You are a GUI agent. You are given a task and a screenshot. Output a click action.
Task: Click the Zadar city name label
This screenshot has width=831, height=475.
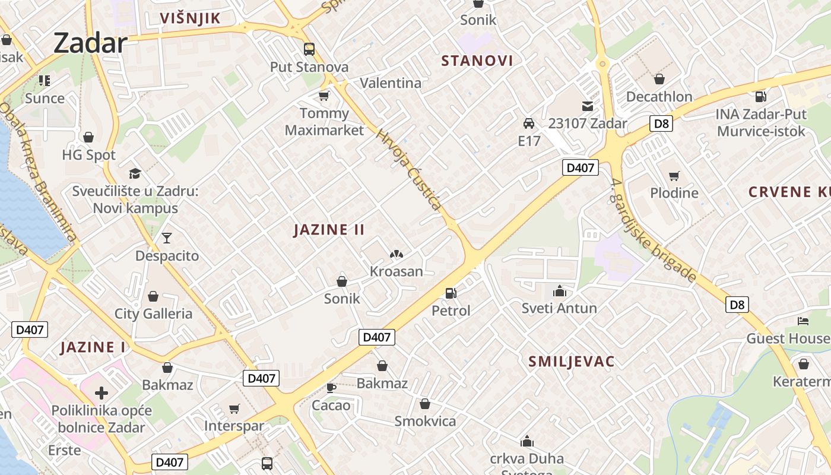coord(90,43)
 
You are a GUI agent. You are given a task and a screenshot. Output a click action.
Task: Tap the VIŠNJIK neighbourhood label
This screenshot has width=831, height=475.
coord(190,18)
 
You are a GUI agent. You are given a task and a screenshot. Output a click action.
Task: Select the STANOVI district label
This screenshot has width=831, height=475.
coord(477,61)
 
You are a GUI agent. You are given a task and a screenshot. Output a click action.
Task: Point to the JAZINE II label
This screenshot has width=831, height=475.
coord(329,230)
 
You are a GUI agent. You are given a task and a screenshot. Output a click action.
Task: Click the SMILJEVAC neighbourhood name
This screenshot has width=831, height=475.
coord(571,362)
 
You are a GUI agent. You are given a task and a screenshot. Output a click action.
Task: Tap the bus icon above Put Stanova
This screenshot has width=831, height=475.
coord(309,49)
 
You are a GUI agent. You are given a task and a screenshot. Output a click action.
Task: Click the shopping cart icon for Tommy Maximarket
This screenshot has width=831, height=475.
coord(323,96)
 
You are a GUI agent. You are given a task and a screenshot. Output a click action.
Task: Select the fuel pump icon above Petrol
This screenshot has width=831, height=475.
coord(451,293)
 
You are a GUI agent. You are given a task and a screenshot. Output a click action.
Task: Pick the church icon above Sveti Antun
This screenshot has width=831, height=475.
coord(559,292)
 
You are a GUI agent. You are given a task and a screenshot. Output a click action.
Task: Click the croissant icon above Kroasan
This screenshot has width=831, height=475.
coord(396,254)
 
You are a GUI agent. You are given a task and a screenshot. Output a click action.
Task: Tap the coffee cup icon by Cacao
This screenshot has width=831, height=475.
coord(331,388)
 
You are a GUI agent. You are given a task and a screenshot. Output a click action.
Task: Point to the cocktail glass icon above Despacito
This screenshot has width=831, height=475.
coord(167,238)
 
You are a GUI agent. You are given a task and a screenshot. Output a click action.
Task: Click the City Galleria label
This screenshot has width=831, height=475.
coord(153,313)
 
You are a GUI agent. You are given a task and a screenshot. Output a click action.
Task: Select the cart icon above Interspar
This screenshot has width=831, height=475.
coord(234,408)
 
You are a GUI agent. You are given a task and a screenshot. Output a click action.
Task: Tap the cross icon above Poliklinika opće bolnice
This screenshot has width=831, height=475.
coord(102,392)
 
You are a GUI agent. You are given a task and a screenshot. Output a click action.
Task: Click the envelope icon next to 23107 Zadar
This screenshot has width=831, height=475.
coord(587,106)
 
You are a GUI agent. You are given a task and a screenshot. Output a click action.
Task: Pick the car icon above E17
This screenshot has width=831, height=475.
coord(528,123)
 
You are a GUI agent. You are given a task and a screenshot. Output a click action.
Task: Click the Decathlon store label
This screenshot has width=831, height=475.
coord(659,96)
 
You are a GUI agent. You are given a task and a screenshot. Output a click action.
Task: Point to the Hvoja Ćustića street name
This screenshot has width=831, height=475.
coord(409,169)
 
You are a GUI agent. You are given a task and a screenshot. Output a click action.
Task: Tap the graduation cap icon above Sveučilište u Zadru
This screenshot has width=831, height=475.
coord(135,173)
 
